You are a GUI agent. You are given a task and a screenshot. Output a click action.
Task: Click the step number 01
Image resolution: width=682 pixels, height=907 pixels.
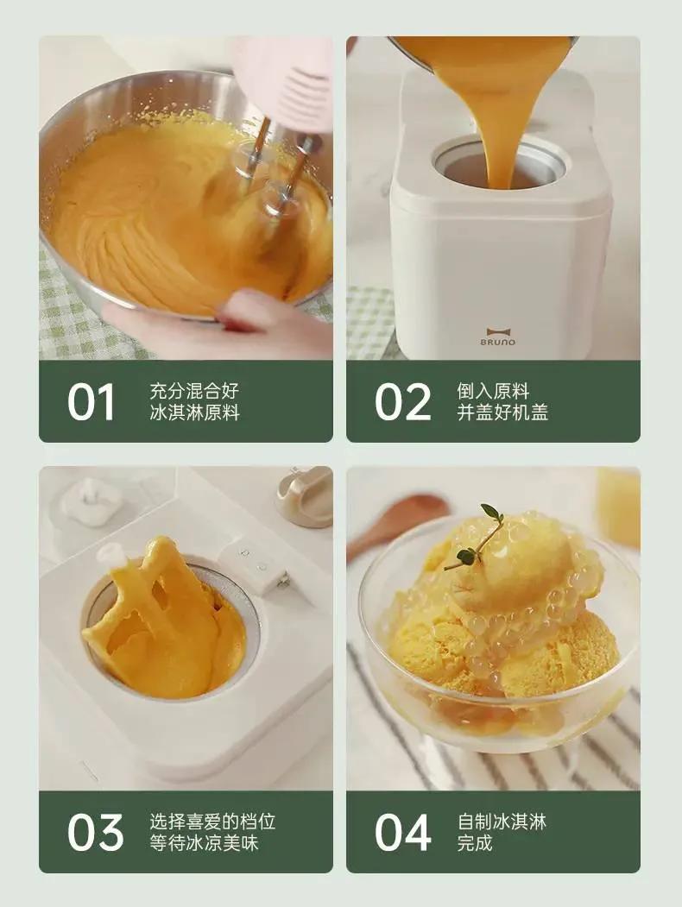91,401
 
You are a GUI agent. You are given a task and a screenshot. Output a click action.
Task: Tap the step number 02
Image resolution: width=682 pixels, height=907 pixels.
402,401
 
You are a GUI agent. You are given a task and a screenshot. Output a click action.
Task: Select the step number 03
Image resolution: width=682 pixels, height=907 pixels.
95,832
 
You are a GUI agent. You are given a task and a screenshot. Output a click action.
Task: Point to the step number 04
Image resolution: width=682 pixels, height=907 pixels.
403,832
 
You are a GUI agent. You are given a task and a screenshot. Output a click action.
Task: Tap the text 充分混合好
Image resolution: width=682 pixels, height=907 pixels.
194,390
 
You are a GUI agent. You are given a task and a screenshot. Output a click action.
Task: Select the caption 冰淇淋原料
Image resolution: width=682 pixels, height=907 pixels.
194,413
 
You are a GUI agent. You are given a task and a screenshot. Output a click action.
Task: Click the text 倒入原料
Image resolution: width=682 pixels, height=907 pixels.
493,390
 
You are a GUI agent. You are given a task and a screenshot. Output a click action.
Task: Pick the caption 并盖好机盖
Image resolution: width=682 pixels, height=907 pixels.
502,413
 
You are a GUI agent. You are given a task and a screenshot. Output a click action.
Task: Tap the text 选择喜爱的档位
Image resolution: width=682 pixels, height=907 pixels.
212,821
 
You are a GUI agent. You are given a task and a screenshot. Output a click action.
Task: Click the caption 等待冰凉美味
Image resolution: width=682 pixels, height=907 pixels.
204,843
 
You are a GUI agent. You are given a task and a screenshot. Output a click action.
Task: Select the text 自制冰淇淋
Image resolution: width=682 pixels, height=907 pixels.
502,821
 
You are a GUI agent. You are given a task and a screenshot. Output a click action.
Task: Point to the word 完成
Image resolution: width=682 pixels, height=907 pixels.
475,843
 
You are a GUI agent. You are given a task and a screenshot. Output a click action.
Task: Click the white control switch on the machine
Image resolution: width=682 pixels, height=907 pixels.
255,565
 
